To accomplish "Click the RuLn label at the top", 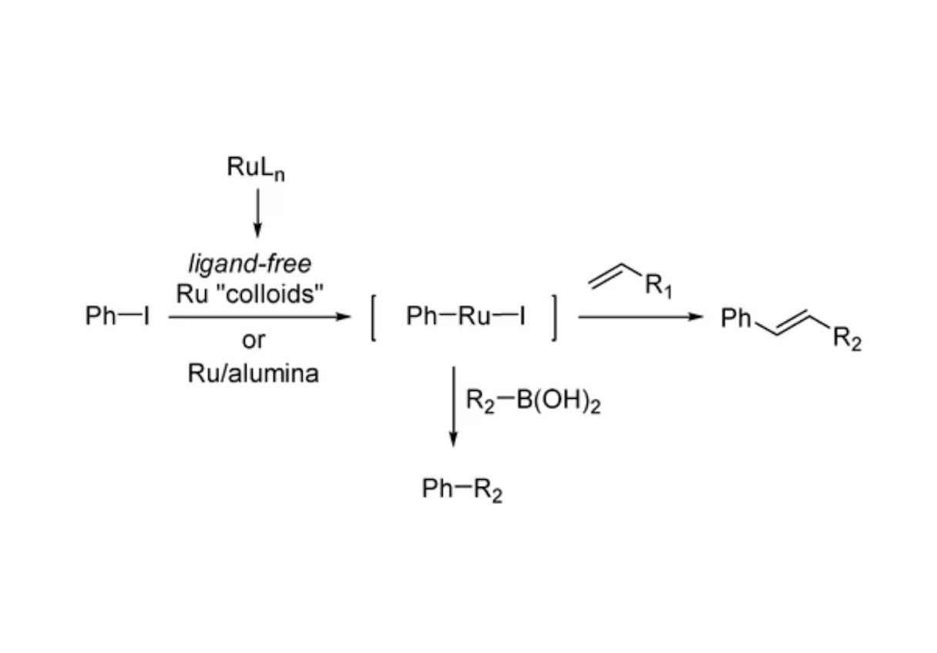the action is point(256,168).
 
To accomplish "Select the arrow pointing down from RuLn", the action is point(257,213).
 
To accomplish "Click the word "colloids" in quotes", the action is point(274,294).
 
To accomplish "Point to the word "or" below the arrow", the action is point(254,340).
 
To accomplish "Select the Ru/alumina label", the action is point(254,373).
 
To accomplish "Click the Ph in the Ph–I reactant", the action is point(100,316).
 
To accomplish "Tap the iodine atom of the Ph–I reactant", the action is point(146,316).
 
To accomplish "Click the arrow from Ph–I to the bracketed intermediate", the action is point(260,317).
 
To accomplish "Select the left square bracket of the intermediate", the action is point(373,319).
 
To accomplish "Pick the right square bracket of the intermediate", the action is point(554,319).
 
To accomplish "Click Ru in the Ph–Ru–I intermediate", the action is point(474,316).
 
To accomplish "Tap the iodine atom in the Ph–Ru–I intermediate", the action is point(522,316).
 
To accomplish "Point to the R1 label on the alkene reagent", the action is point(658,286).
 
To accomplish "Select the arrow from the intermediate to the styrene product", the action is point(640,317).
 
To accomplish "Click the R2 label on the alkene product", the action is point(847,339).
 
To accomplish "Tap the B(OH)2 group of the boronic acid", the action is point(559,401).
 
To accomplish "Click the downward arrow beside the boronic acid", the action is point(453,407).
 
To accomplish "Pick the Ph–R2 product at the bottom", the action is point(462,490).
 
